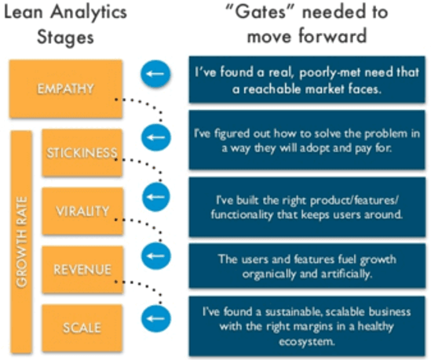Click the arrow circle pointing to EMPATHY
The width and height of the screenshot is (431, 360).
(x=154, y=75)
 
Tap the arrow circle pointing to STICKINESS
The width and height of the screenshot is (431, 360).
(x=154, y=136)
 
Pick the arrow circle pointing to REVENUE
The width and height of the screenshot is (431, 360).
(x=154, y=256)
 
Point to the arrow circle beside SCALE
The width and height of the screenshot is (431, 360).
(x=154, y=317)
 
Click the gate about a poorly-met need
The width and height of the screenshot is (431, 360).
(x=305, y=79)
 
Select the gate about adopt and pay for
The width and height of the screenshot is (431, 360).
(x=305, y=140)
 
